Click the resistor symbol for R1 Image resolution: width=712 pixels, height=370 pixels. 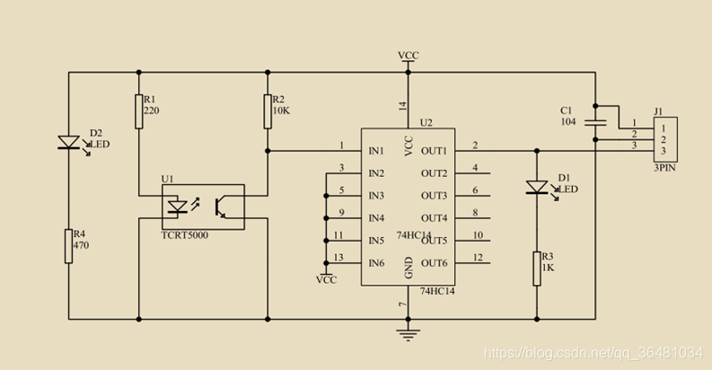[139, 111]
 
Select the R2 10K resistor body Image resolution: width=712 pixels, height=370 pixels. [268, 111]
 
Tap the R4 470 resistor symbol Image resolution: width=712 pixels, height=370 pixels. [68, 246]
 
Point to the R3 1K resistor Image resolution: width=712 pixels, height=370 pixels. [537, 269]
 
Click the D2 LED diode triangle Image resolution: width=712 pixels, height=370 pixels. [69, 143]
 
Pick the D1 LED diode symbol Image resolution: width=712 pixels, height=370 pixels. [537, 188]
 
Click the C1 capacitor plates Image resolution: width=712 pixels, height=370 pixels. [595, 122]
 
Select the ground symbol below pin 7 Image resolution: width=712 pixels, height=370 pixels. [408, 335]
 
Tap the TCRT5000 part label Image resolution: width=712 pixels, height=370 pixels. [185, 235]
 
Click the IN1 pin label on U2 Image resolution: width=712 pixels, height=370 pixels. [376, 151]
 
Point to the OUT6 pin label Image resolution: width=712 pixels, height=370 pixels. [434, 263]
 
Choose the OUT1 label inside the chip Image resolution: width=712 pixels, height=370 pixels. [434, 151]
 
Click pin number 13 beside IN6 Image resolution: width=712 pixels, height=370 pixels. [338, 258]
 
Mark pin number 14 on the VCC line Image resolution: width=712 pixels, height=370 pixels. [403, 106]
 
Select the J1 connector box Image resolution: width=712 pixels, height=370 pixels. [665, 139]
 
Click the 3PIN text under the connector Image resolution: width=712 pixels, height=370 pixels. [664, 168]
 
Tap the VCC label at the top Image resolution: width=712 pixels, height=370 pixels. [409, 56]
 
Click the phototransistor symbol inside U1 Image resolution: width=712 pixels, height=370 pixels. [221, 207]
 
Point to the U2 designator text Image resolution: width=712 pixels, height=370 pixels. [426, 122]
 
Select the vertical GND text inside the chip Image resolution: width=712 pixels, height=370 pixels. [409, 268]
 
